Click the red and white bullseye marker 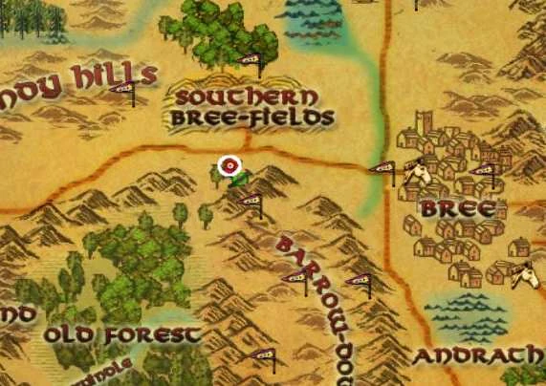pyautogui.click(x=229, y=166)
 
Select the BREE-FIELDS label pyautogui.click(x=252, y=118)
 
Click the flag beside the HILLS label pyautogui.click(x=122, y=91)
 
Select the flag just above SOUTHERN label pyautogui.click(x=251, y=62)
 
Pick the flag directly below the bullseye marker pyautogui.click(x=250, y=202)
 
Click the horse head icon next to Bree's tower pyautogui.click(x=415, y=171)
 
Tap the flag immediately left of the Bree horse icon pyautogui.click(x=382, y=170)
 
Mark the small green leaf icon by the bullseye pyautogui.click(x=239, y=178)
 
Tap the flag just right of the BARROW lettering pyautogui.click(x=359, y=281)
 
